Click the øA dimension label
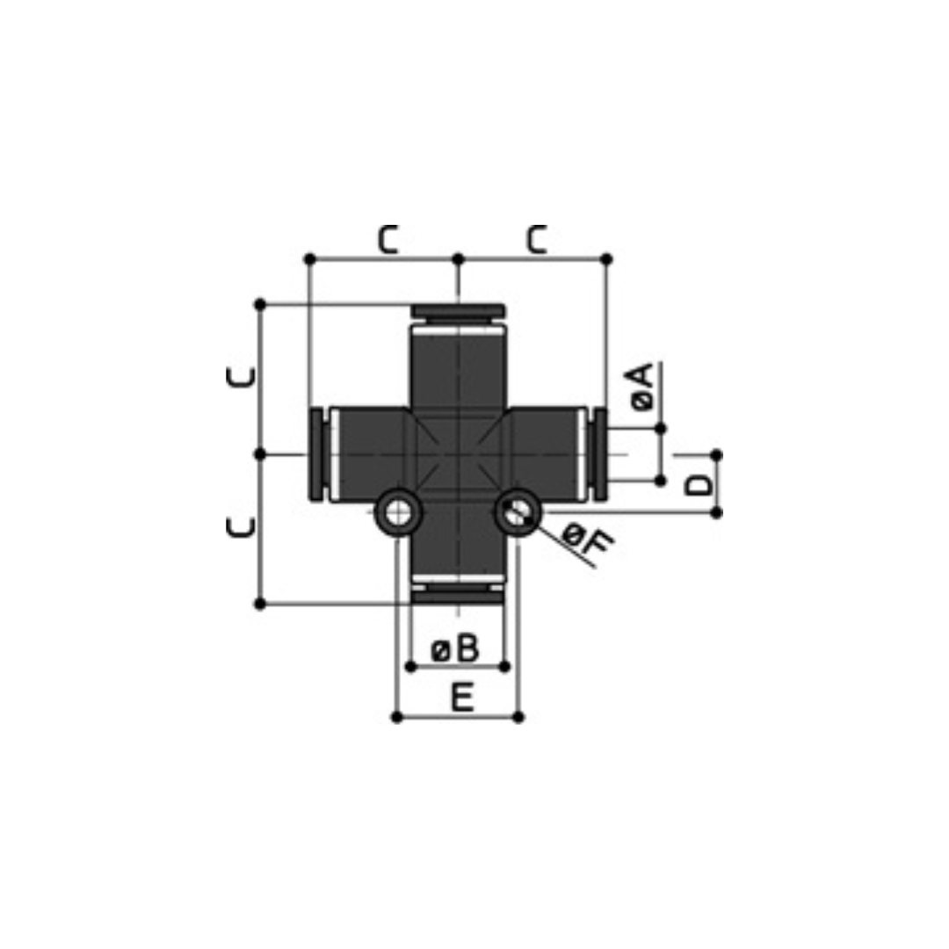[x=642, y=387]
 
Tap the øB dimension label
[x=454, y=648]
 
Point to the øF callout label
[x=587, y=540]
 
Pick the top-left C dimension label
[x=388, y=240]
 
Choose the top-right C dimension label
[x=537, y=240]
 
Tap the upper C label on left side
[x=240, y=376]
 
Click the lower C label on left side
[x=240, y=526]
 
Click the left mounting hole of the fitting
[x=397, y=513]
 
